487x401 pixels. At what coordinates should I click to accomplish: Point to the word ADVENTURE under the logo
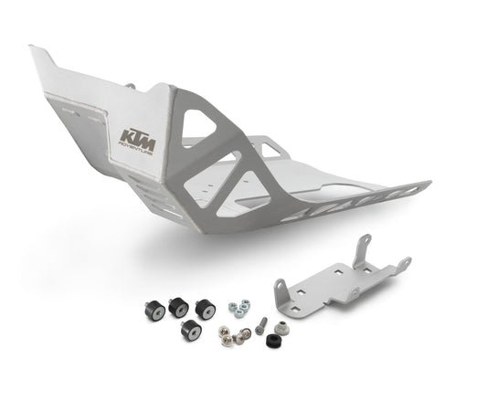point(137,154)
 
